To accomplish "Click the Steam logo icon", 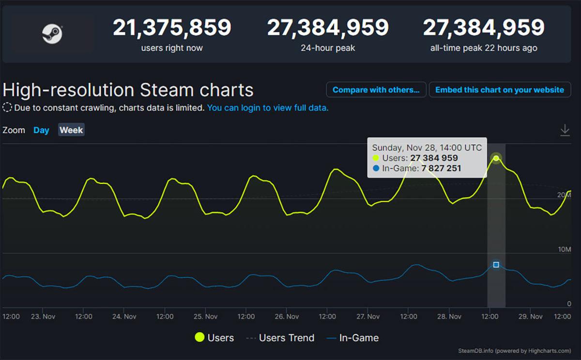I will pyautogui.click(x=52, y=33).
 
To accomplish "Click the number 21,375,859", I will pyautogui.click(x=172, y=28).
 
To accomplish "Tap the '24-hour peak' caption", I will pyautogui.click(x=328, y=48).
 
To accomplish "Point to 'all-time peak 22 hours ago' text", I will pyautogui.click(x=484, y=48).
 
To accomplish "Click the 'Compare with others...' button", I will pyautogui.click(x=376, y=90).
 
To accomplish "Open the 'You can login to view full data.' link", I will pyautogui.click(x=268, y=108).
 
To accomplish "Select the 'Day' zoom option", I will pyautogui.click(x=41, y=130).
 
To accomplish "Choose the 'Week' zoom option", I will pyautogui.click(x=71, y=130).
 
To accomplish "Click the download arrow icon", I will pyautogui.click(x=565, y=130).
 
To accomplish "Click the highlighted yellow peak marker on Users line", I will pyautogui.click(x=496, y=158).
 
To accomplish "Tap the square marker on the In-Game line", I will pyautogui.click(x=496, y=265).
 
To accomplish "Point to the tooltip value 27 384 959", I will pyautogui.click(x=434, y=158).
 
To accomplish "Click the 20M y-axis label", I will pyautogui.click(x=565, y=195).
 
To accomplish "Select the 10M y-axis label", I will pyautogui.click(x=565, y=249).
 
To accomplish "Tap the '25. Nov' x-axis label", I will pyautogui.click(x=205, y=316).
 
